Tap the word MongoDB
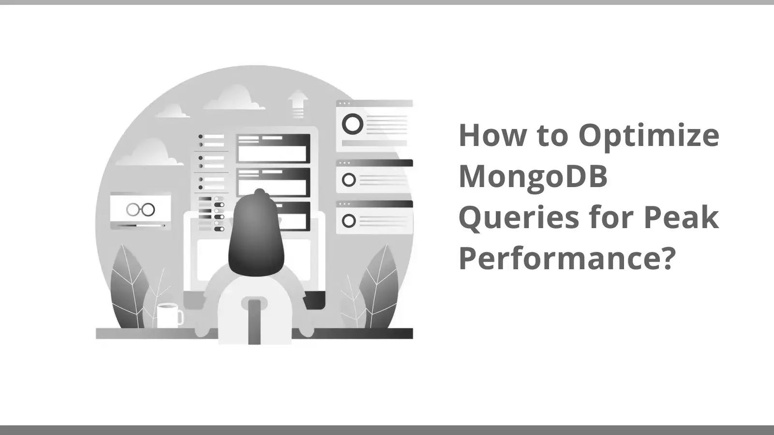[x=533, y=177]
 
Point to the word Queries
[x=518, y=218]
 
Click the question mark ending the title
[x=667, y=258]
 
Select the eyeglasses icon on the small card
[x=140, y=209]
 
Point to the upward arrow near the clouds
[x=298, y=103]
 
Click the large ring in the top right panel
[x=353, y=124]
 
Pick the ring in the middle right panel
[x=349, y=180]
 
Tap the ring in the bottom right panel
[x=349, y=221]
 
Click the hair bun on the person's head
[x=260, y=193]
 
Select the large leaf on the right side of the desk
[x=380, y=285]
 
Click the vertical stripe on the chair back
[x=254, y=321]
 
